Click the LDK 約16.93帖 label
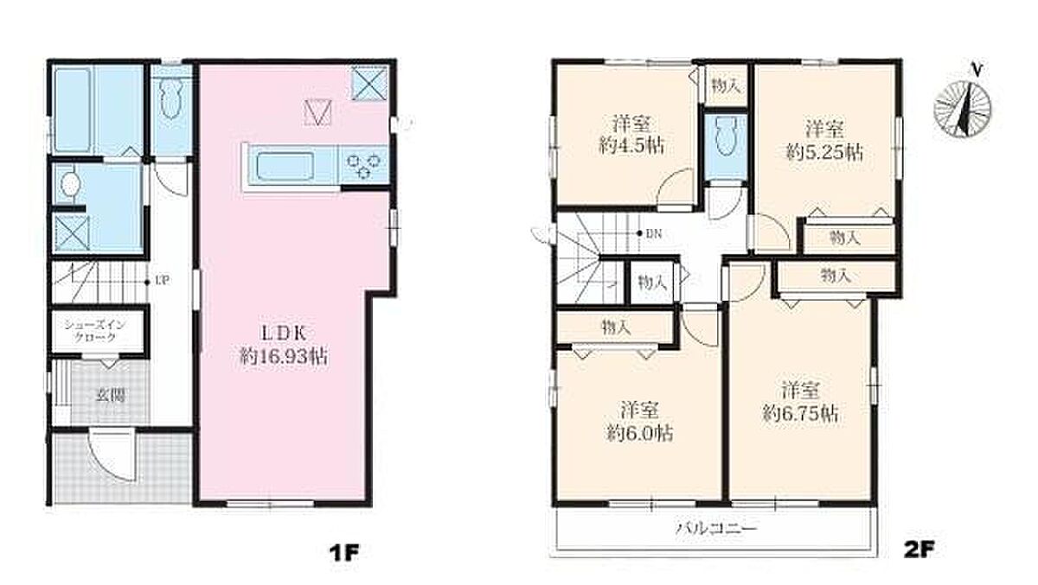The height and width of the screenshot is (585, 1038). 283,345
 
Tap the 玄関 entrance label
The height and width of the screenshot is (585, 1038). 111,396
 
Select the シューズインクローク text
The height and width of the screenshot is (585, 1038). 94,331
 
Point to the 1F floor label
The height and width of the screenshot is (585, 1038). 344,552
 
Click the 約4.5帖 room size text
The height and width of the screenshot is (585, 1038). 631,147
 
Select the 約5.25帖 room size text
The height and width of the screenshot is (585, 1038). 824,153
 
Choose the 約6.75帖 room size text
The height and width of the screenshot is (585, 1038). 801,413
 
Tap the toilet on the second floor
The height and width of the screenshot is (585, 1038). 726,137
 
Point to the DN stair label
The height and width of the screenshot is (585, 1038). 653,234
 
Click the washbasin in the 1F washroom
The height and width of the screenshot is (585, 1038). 70,184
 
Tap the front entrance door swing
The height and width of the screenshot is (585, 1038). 112,455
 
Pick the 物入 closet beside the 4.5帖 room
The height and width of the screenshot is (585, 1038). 726,86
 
